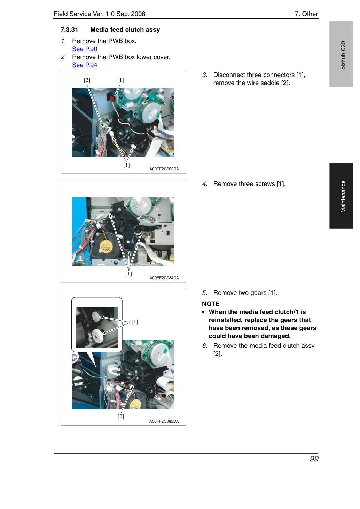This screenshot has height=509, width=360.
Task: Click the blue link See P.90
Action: point(85,49)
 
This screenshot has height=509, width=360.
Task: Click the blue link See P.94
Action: point(85,65)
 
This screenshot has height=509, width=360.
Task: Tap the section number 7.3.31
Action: point(69,30)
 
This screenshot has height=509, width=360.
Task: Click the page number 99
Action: point(314,459)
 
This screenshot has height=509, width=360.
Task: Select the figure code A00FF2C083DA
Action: point(164,169)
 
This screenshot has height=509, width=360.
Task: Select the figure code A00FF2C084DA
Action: point(164,278)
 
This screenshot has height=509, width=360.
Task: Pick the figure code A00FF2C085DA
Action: point(164,421)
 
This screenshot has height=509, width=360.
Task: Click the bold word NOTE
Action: point(210,304)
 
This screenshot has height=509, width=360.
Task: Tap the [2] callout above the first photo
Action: point(87,80)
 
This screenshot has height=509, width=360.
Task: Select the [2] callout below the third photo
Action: point(121,416)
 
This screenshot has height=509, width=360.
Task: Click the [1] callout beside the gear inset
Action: point(134,322)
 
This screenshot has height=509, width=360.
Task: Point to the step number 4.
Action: point(205,184)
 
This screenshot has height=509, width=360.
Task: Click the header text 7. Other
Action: point(306,14)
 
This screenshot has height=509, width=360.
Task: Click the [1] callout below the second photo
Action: point(128,273)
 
